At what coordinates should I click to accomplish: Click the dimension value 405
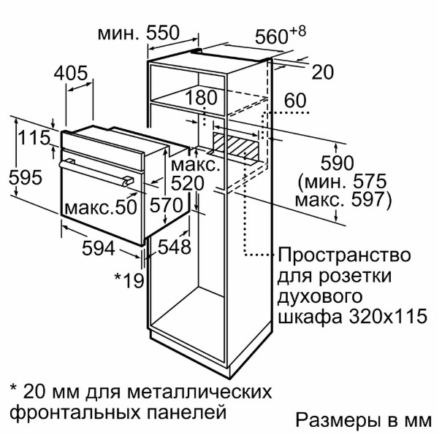click(x=71, y=73)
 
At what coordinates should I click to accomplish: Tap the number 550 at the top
click(x=162, y=33)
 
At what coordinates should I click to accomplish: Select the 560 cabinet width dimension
click(x=281, y=36)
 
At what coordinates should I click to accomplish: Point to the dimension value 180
click(x=202, y=98)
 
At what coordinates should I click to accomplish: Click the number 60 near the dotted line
click(x=295, y=100)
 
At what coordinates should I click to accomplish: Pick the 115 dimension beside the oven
click(x=34, y=137)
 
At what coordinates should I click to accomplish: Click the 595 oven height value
click(x=25, y=177)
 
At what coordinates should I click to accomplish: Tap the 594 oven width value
click(x=99, y=248)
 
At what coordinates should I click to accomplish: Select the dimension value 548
click(x=174, y=247)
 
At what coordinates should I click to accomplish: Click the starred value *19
click(x=129, y=280)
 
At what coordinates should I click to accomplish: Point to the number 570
click(x=167, y=206)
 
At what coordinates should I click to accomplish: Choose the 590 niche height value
click(x=337, y=163)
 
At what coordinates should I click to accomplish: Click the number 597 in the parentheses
click(x=367, y=199)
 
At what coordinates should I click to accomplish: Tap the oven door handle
click(x=96, y=173)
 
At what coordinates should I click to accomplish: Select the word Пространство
click(x=344, y=255)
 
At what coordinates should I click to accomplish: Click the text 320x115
click(x=388, y=316)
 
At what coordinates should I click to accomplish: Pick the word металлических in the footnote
click(x=199, y=392)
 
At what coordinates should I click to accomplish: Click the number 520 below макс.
click(x=187, y=183)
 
